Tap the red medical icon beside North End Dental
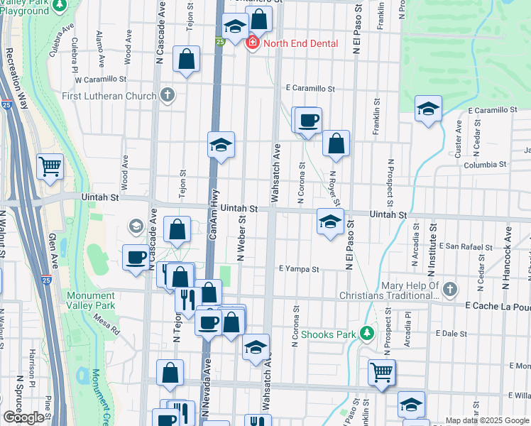(251, 43)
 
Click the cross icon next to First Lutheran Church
(167, 95)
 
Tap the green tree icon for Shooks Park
(366, 333)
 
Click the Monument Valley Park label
(90, 301)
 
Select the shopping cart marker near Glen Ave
(50, 167)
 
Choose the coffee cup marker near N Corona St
(308, 120)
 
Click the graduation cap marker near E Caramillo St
(429, 109)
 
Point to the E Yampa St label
(300, 270)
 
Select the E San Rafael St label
(465, 246)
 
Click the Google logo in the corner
(23, 417)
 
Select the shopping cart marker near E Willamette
(382, 371)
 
